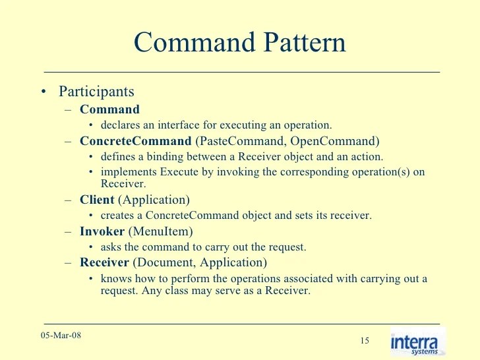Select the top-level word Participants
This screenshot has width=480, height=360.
coord(96,92)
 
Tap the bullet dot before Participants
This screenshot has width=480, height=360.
coord(44,92)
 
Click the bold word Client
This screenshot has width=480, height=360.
coord(97,199)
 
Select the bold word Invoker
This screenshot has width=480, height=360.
coord(102,231)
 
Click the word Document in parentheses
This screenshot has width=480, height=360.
coord(162,262)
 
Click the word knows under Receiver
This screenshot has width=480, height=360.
coord(115,279)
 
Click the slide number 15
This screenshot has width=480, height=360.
coord(365,340)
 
